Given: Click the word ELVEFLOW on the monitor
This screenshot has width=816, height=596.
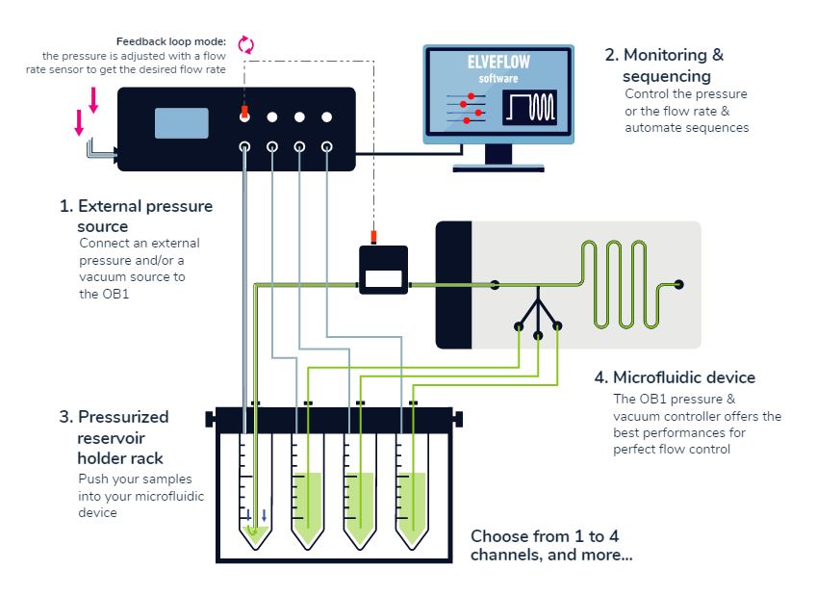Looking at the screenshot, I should (x=498, y=62).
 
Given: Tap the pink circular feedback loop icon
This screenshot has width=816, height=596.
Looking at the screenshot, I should (x=245, y=43).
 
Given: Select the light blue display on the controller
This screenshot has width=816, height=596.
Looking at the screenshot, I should (x=182, y=123).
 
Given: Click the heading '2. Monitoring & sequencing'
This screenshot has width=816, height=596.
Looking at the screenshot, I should (x=671, y=65).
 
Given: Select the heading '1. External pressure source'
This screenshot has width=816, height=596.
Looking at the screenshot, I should (x=136, y=216).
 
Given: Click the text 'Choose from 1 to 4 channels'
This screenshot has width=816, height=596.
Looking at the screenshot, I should (x=550, y=545).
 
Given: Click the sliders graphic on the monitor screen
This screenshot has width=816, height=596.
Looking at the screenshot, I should (x=463, y=108).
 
